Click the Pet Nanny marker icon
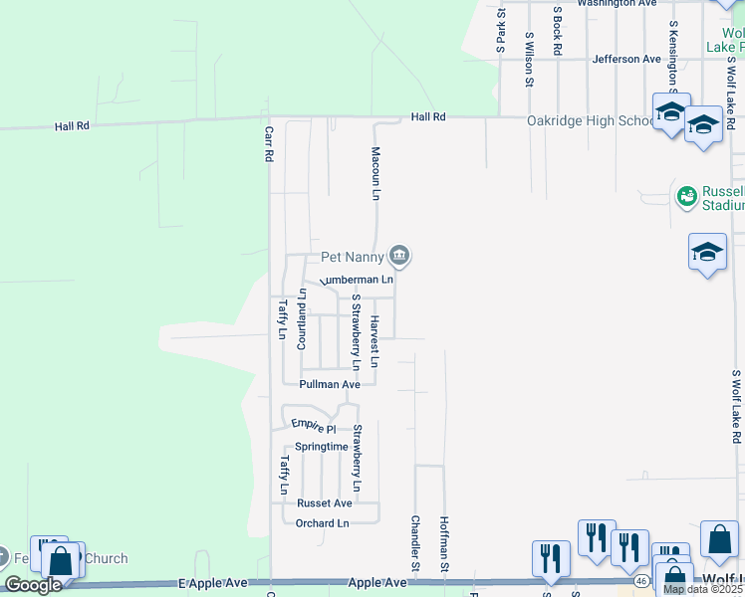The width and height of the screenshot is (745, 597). (x=399, y=257)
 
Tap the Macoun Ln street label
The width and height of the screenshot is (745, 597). (x=376, y=174)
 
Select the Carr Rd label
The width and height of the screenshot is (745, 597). (x=269, y=145)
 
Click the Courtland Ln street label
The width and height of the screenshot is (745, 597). (x=303, y=315)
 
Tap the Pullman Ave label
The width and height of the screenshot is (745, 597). (x=330, y=384)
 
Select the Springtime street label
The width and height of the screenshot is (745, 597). (x=322, y=447)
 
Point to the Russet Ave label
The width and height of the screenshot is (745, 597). (x=324, y=503)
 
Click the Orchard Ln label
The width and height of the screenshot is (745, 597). (x=323, y=523)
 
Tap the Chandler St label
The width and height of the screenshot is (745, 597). (x=415, y=543)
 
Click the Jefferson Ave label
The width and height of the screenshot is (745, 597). (x=626, y=59)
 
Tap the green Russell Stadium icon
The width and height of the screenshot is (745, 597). (x=686, y=196)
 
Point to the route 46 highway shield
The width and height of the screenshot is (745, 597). (x=643, y=579)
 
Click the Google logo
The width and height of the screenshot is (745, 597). (x=33, y=585)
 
